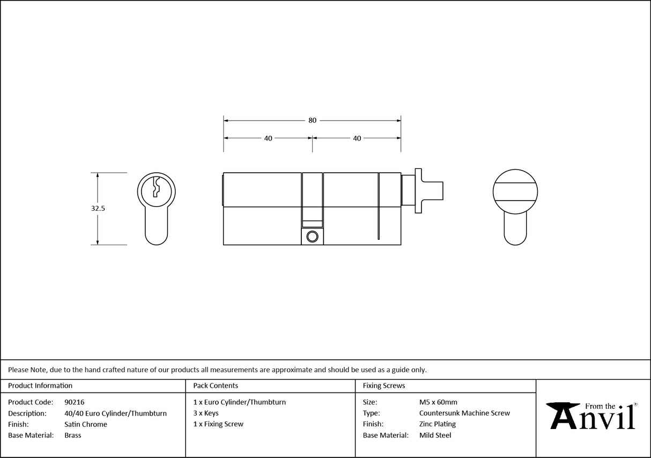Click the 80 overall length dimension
312,121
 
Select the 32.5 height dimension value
98,209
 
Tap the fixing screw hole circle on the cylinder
312,237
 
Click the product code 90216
74,402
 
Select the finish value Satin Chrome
85,424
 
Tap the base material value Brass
72,435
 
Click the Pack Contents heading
216,386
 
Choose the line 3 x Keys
206,413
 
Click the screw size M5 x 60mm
438,402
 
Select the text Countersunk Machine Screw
464,413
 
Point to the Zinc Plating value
438,424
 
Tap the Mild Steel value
435,435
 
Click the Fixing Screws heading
384,386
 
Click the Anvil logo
592,416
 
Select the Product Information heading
40,386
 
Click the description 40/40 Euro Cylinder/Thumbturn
115,413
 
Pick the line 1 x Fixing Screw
218,424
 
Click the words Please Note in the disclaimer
27,370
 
